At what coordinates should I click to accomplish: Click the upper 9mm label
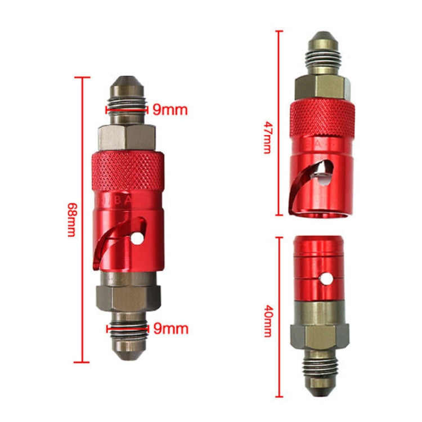coord(169,110)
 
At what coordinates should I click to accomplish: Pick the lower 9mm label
coord(170,328)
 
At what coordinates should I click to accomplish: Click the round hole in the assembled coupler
coord(137,239)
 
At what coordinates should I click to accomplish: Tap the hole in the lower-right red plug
coord(325,277)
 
